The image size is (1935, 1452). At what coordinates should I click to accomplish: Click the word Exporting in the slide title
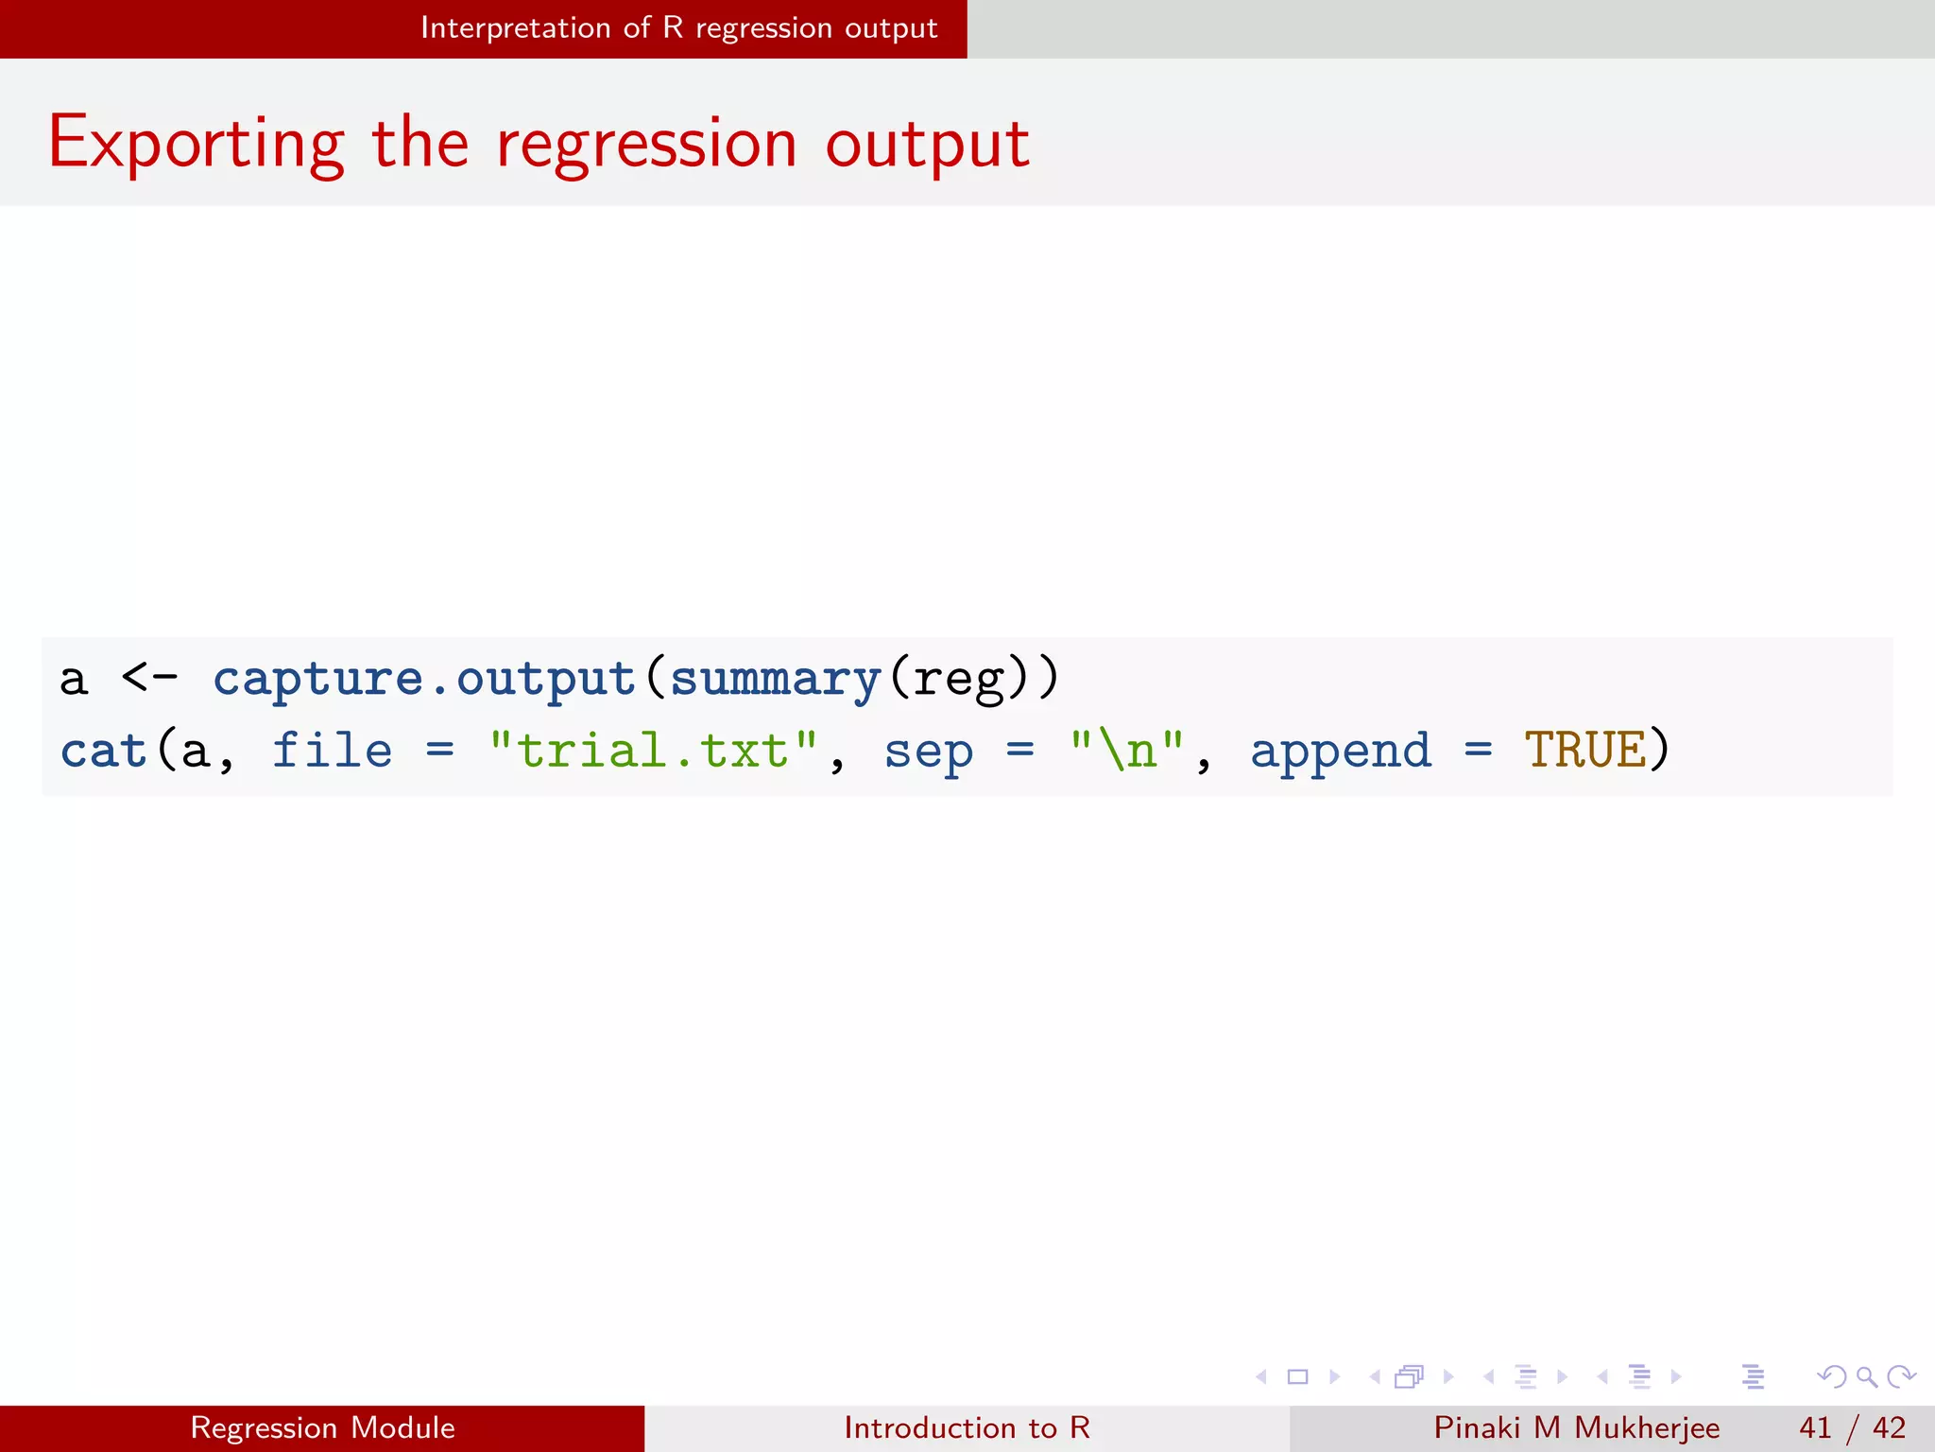[197, 144]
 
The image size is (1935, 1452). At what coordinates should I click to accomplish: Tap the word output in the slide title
[927, 144]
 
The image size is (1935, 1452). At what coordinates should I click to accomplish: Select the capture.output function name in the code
[424, 679]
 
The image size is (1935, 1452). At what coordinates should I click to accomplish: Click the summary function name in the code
[775, 679]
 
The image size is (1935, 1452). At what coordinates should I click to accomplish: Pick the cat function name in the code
[103, 752]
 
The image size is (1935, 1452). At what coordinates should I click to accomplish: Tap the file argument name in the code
[333, 752]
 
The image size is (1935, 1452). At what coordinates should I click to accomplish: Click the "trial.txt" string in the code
[653, 752]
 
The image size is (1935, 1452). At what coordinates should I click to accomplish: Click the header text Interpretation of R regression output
[678, 28]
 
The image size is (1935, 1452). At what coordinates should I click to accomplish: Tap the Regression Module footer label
[322, 1427]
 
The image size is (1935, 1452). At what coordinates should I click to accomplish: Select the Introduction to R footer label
[967, 1427]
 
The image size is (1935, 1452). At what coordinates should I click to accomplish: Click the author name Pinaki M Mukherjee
[1576, 1427]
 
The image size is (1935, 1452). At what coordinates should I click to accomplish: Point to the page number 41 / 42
[1852, 1427]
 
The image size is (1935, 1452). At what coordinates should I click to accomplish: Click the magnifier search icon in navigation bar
[1866, 1376]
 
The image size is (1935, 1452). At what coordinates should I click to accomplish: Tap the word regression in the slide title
[646, 144]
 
